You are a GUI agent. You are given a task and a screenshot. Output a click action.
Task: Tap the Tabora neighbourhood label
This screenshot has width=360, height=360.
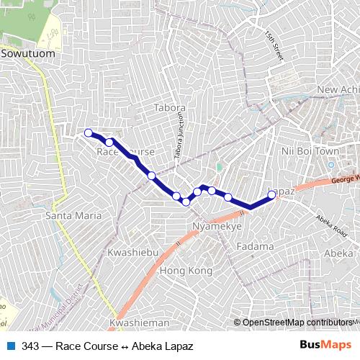click(170, 108)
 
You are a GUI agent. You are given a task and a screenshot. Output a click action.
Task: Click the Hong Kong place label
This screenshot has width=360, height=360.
click(186, 271)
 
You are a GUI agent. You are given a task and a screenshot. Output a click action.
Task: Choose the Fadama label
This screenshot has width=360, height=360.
click(254, 246)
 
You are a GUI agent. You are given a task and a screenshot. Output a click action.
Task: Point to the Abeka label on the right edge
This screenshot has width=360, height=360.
click(338, 253)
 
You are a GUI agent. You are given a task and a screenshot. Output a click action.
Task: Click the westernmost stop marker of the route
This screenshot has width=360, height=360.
click(89, 132)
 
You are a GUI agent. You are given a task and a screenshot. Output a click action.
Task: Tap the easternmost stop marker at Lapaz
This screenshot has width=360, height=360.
click(271, 194)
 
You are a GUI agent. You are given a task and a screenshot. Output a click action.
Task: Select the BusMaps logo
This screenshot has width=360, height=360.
click(325, 346)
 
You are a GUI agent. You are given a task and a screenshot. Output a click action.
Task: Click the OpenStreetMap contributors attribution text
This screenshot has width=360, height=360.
click(296, 323)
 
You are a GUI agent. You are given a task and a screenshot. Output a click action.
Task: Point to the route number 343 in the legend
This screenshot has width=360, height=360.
click(30, 346)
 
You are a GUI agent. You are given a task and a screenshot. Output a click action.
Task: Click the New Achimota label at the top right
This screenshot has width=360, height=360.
click(337, 89)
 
